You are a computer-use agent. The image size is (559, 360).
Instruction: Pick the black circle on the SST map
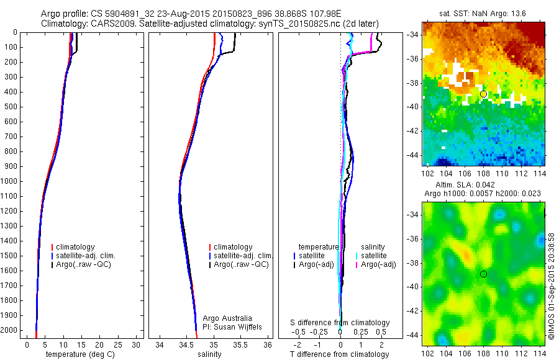[x=483, y=94]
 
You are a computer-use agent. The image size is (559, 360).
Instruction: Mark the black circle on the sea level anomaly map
[x=483, y=274]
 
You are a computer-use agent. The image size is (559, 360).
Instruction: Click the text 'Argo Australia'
[x=227, y=318]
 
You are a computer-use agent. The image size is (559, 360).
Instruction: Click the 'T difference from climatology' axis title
[x=340, y=354]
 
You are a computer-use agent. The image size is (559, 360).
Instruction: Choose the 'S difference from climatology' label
[x=340, y=323]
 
